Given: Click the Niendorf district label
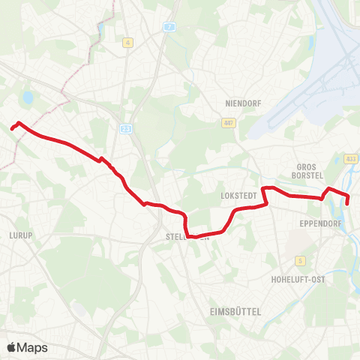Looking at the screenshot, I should point(241,103).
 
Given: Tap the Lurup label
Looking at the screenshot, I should point(21,235).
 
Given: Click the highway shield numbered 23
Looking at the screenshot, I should point(124,129).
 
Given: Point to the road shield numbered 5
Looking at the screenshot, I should point(301,260).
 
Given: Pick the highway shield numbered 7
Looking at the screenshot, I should point(170,26).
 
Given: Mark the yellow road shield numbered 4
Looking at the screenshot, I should point(128,43).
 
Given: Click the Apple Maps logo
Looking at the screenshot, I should point(27,347).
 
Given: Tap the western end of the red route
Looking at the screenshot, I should point(12,128).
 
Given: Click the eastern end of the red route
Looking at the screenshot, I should point(347,203).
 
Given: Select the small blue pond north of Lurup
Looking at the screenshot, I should point(28,97).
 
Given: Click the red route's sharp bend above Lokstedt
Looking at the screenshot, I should point(263,188).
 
